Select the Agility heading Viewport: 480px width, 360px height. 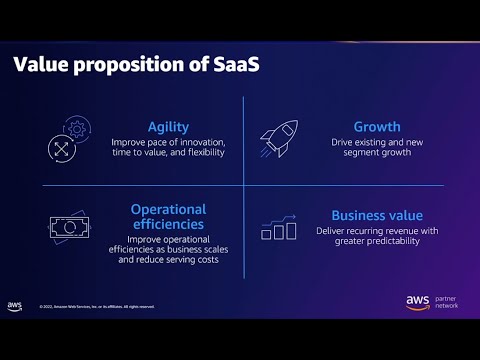168,127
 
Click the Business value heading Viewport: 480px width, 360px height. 377,215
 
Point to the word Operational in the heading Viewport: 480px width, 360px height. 168,209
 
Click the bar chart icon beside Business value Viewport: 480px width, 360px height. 279,228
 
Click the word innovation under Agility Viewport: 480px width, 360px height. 203,142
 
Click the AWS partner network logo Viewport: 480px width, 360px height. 429,301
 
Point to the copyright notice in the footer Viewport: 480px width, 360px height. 96,307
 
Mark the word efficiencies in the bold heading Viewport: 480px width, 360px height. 168,225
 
